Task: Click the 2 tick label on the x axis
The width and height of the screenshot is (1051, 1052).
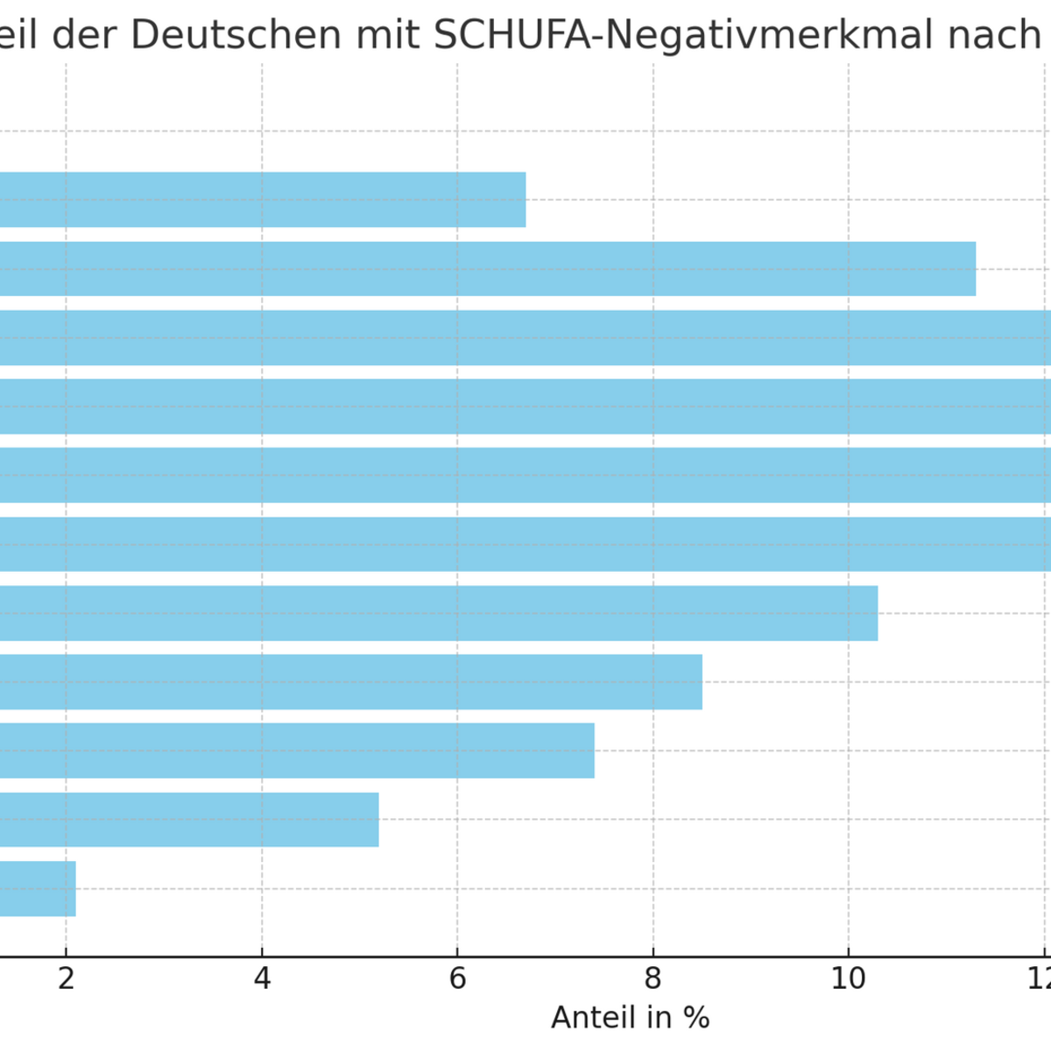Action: click(x=66, y=979)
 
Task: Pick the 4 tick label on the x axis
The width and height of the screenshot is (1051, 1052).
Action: click(x=262, y=979)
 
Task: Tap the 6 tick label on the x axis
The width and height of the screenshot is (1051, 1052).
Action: click(x=457, y=979)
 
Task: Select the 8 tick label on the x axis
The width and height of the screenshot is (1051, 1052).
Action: click(x=653, y=979)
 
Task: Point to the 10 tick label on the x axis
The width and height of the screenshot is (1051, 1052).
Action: click(x=848, y=979)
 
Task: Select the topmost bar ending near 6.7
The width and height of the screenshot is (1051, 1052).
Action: click(x=263, y=200)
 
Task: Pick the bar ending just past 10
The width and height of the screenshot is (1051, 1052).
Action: click(x=438, y=613)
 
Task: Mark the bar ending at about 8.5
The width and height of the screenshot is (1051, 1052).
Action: click(x=350, y=681)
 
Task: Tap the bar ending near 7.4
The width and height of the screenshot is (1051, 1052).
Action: click(x=297, y=751)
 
